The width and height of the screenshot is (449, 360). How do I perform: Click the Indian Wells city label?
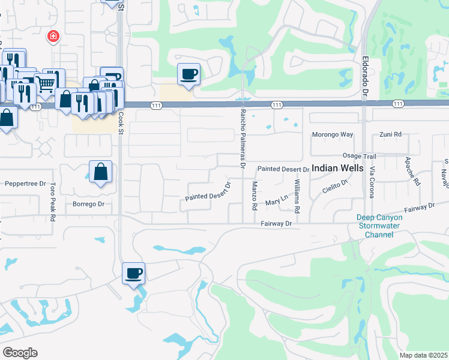click(x=337, y=169)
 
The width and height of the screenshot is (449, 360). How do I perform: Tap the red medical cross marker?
click(x=53, y=37)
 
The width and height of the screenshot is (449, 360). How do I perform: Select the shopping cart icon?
click(x=45, y=83)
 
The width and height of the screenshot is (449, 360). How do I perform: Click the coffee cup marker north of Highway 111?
click(x=189, y=74)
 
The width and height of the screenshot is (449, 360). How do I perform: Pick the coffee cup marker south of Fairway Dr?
click(x=134, y=274)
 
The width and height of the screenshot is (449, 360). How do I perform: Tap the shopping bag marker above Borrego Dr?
click(x=100, y=172)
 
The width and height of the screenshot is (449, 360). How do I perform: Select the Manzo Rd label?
click(x=255, y=196)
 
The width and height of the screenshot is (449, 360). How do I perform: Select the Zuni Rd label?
click(x=390, y=135)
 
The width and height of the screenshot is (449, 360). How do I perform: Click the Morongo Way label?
click(x=333, y=134)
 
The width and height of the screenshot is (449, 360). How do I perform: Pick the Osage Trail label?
click(x=359, y=156)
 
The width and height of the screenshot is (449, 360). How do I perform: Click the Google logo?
click(x=19, y=353)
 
